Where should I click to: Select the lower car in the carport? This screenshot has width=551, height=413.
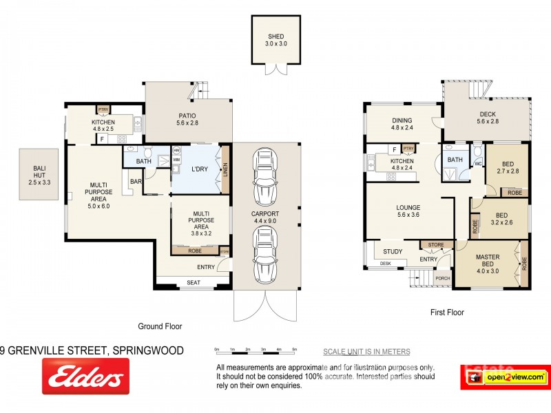[x=266, y=256]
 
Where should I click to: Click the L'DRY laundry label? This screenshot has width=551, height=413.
[x=200, y=169]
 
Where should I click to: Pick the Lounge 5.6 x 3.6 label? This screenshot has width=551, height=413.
[x=408, y=211]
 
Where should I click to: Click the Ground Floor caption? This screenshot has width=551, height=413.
[x=159, y=327]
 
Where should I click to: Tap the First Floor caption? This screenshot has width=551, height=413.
[x=446, y=313]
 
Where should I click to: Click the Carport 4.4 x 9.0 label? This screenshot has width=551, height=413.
[x=266, y=217]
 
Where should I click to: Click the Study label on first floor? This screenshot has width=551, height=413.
[x=393, y=252]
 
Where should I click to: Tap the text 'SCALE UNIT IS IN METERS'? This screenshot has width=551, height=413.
[x=366, y=352]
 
